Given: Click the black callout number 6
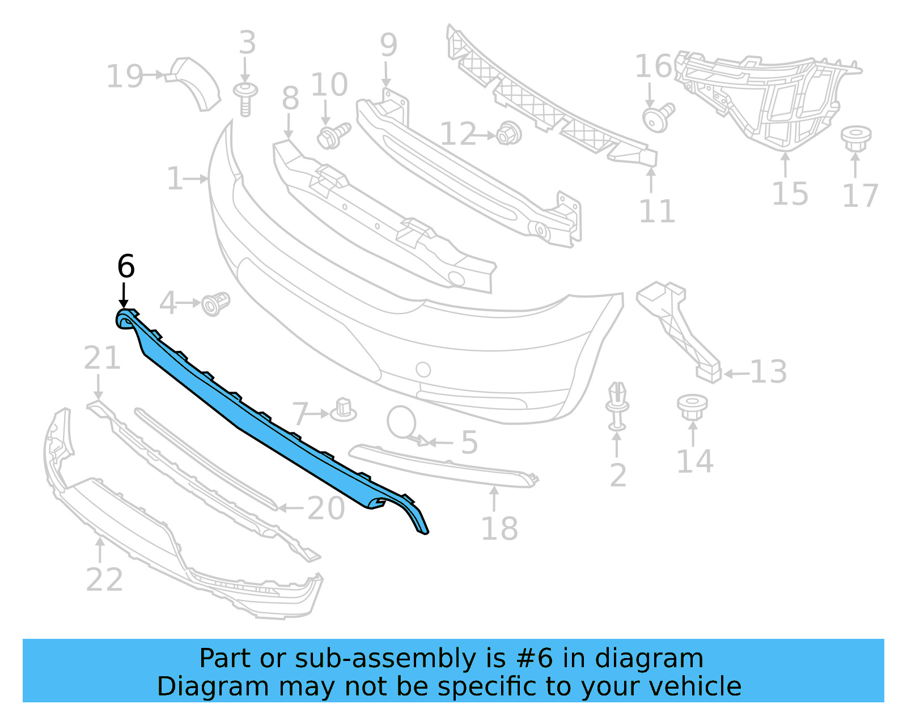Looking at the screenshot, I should click(126, 266).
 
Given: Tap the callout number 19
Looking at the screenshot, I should click(125, 77).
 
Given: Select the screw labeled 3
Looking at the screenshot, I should click(245, 99).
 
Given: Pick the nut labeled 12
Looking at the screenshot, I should click(508, 134).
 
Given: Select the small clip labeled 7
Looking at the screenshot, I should click(344, 409).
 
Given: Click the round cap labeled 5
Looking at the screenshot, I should click(402, 422).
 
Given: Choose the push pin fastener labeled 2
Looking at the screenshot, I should click(617, 406).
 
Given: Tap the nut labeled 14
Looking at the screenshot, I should click(692, 406).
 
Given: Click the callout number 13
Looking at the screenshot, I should click(769, 372).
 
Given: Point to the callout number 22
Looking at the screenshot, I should click(104, 580).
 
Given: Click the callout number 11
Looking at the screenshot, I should click(657, 211).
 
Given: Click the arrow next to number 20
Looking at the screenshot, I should click(290, 508).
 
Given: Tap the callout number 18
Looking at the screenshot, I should click(499, 529).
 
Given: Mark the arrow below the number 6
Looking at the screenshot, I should click(124, 296).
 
